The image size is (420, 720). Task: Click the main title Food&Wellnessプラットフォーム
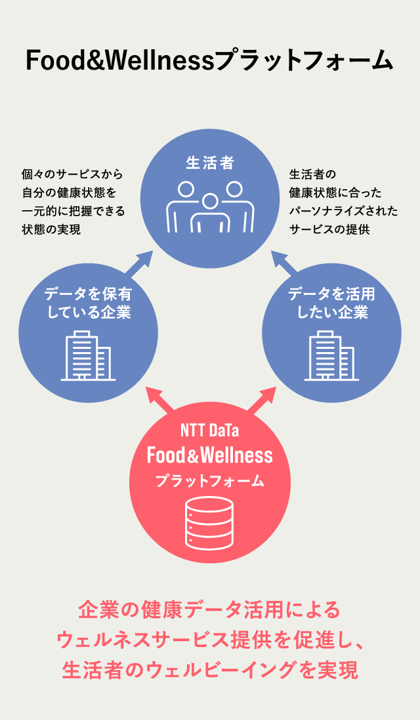[x=209, y=60]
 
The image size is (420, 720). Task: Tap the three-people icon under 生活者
[x=210, y=207]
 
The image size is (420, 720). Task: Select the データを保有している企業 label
[x=88, y=303]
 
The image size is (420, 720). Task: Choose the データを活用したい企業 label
[x=332, y=303]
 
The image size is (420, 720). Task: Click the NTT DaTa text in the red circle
[x=209, y=432]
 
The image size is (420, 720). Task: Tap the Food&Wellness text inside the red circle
[x=209, y=455]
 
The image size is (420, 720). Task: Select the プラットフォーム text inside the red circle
[x=209, y=482]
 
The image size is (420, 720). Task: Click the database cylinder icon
[x=209, y=524]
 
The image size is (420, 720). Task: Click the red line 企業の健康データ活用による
[x=209, y=610]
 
